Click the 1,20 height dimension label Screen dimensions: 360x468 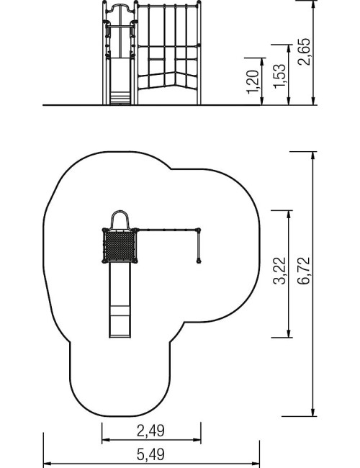tap(253, 81)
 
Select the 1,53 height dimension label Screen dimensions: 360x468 tap(279, 76)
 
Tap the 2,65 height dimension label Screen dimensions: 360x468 tap(304, 52)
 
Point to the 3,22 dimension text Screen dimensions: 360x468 tap(279, 271)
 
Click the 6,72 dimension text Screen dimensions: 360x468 tap(304, 271)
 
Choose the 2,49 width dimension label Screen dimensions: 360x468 tap(150, 431)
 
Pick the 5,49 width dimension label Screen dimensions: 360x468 tap(150, 454)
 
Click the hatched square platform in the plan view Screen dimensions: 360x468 tap(120, 246)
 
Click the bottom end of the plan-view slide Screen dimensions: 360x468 tap(120, 337)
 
